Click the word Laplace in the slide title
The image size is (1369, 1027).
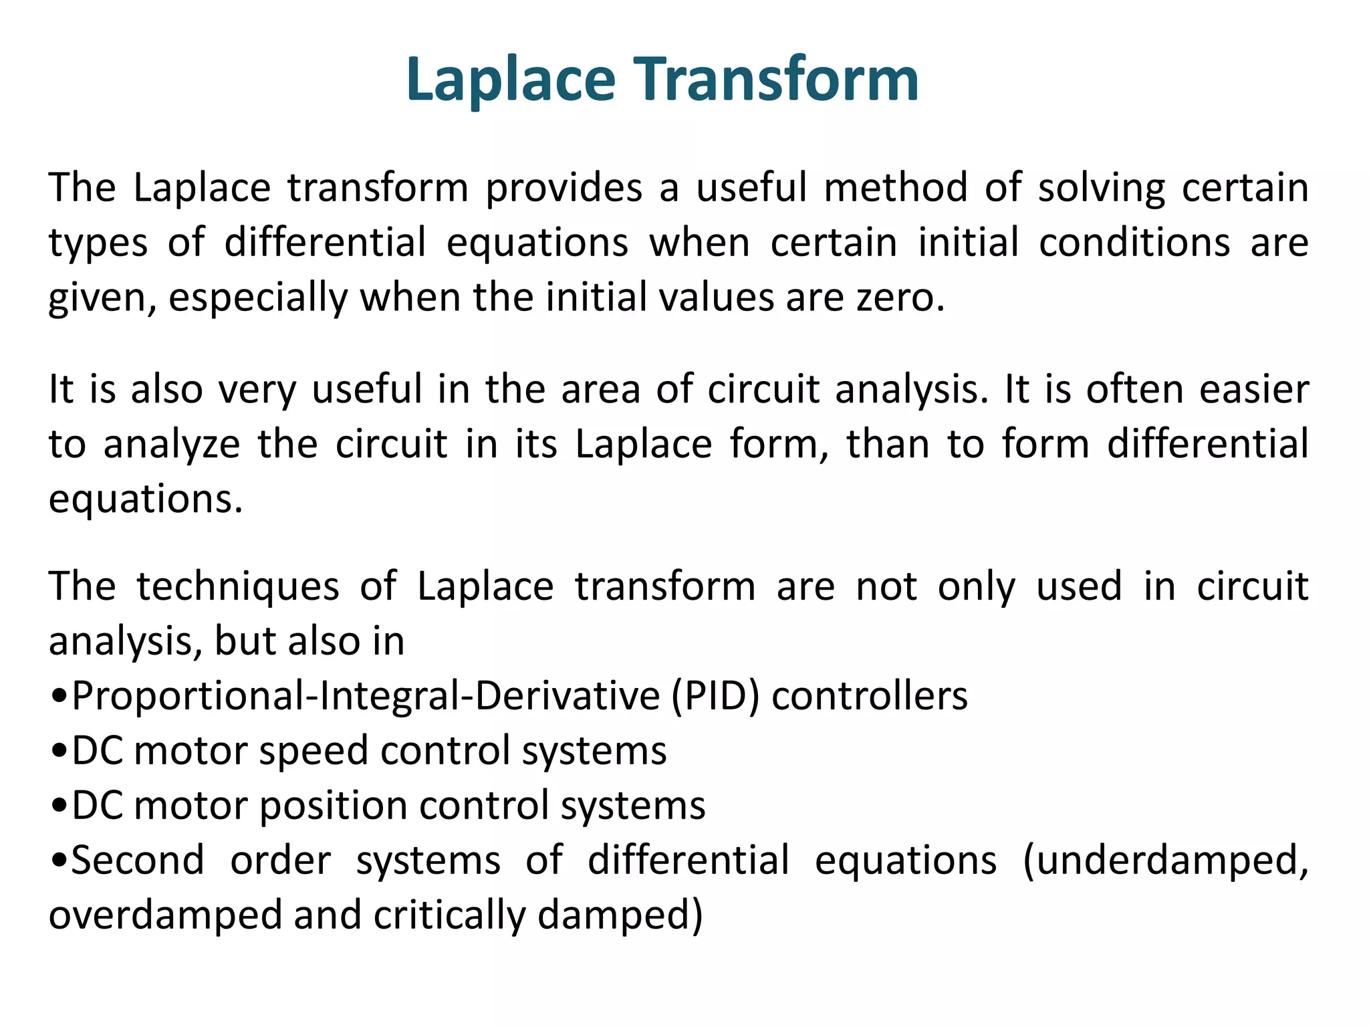pyautogui.click(x=510, y=80)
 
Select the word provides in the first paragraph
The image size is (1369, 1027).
pyautogui.click(x=564, y=188)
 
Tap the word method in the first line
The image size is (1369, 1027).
pyautogui.click(x=896, y=188)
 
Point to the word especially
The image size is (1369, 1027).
pyautogui.click(x=258, y=298)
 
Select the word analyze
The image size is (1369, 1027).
pyautogui.click(x=172, y=445)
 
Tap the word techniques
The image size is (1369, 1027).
pyautogui.click(x=238, y=587)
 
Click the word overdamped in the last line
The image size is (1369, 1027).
pyautogui.click(x=165, y=915)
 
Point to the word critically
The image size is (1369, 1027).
pyautogui.click(x=449, y=915)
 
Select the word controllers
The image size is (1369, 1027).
pyautogui.click(x=869, y=696)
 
